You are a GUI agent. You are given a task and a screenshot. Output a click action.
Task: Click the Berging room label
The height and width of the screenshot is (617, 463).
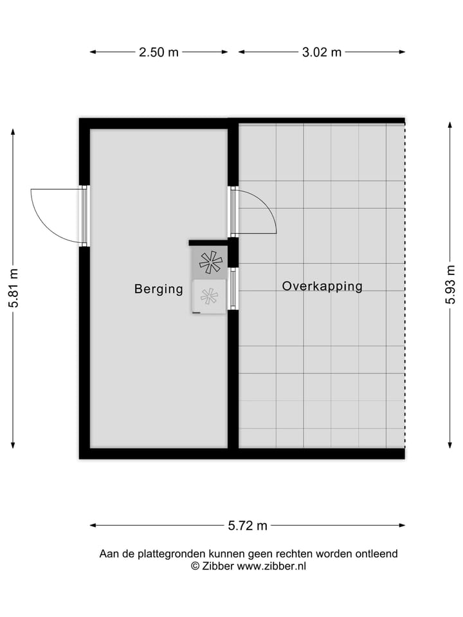[158, 289]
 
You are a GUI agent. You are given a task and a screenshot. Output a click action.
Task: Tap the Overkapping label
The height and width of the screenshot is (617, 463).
[322, 287]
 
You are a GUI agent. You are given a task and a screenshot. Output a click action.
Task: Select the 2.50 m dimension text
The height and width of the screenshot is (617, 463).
[159, 53]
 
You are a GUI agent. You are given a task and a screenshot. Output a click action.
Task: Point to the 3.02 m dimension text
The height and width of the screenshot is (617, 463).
[322, 53]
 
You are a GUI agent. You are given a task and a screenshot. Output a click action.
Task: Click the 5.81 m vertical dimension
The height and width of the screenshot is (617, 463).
[14, 287]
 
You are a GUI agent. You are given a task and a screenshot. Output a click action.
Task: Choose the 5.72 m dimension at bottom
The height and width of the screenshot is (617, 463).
[248, 526]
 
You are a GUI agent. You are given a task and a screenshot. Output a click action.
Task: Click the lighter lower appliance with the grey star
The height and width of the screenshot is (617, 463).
[209, 296]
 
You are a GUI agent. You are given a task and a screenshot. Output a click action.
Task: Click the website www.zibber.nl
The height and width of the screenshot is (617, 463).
[271, 566]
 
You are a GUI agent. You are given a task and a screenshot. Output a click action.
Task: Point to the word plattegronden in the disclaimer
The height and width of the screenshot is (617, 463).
[172, 553]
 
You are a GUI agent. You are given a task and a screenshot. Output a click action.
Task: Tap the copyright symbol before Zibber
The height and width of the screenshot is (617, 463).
[195, 566]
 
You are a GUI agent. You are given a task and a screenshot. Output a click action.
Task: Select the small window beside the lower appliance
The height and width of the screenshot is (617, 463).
[233, 289]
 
